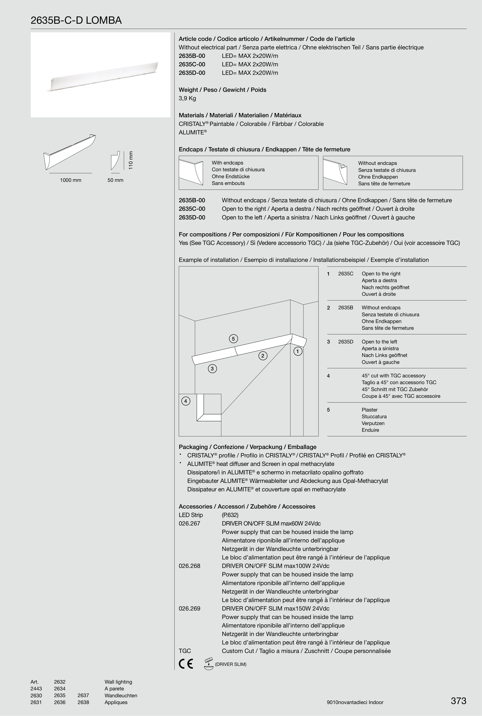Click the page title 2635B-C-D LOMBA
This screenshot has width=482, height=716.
click(76, 21)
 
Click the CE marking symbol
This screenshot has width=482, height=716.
click(186, 664)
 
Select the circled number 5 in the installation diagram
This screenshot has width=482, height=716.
click(233, 339)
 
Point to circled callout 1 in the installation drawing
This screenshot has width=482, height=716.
click(297, 351)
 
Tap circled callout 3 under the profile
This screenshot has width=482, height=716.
click(212, 369)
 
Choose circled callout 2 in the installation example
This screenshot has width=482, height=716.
click(263, 356)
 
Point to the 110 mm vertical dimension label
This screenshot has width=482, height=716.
click(131, 160)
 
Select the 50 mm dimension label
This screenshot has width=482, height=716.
click(115, 180)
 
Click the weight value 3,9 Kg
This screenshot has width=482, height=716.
click(187, 98)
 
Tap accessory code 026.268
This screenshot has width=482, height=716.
click(189, 566)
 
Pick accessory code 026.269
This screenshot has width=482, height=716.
click(189, 608)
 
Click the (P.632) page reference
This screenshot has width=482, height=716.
click(230, 515)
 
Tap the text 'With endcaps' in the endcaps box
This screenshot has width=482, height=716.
click(227, 163)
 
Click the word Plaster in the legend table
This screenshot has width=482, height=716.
click(369, 410)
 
